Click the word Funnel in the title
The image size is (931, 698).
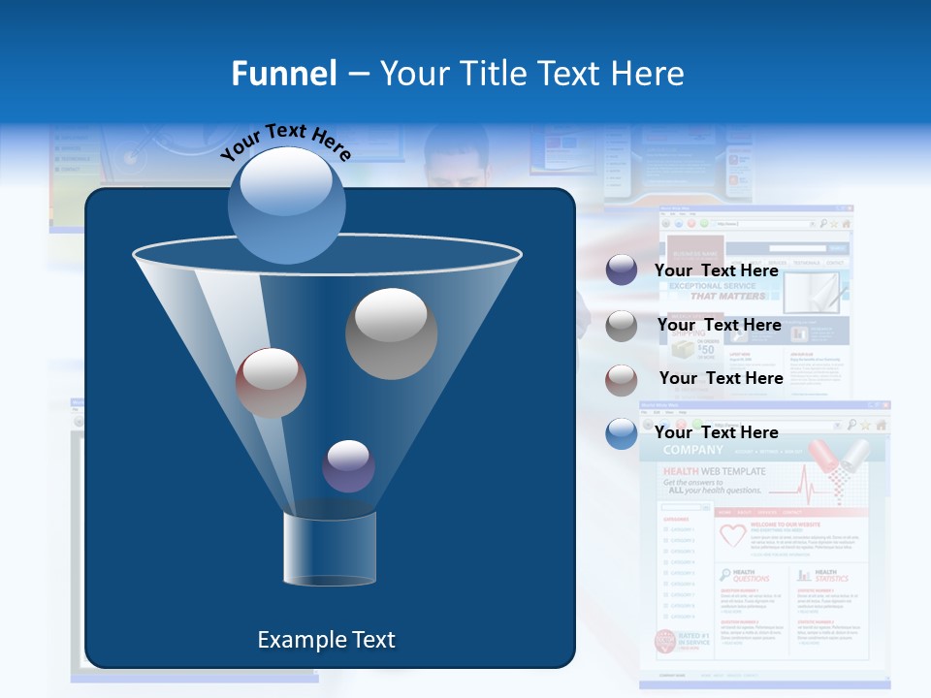284,73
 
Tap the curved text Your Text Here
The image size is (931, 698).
286,143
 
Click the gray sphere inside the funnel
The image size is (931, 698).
392,333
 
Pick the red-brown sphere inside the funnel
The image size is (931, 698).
271,383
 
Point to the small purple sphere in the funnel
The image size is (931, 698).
348,466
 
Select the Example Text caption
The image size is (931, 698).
327,640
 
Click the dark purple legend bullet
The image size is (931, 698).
622,270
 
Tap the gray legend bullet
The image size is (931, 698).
622,326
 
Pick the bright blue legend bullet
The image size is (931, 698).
622,433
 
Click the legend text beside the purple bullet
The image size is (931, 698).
716,270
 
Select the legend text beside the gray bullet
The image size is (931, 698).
719,325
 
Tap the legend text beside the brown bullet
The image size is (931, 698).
721,378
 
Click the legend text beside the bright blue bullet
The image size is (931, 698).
716,432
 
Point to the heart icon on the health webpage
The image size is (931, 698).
732,535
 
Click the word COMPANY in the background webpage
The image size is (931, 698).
694,451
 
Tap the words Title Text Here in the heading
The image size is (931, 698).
531,73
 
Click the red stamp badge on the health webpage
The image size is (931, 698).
665,641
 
